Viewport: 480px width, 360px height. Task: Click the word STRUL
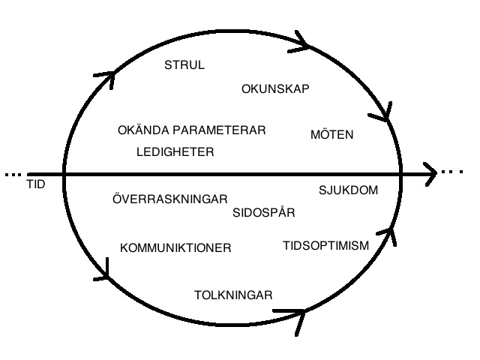tap(184, 65)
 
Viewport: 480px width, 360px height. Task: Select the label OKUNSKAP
tap(275, 89)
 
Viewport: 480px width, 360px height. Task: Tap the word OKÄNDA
tap(144, 130)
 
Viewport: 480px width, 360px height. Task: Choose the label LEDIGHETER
tap(175, 152)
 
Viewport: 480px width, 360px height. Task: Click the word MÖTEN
tap(331, 135)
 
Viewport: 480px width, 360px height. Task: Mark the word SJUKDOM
tap(348, 190)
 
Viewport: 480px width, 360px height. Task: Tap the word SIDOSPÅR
tap(263, 213)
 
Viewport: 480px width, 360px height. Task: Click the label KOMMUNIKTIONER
tap(175, 248)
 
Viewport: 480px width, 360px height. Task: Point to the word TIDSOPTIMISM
tap(325, 245)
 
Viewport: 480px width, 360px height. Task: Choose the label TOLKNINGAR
tap(233, 294)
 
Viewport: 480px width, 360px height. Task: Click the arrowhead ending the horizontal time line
tap(429, 174)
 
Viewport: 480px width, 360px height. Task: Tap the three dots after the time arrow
tap(452, 173)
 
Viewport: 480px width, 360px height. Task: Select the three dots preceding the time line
tap(13, 174)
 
